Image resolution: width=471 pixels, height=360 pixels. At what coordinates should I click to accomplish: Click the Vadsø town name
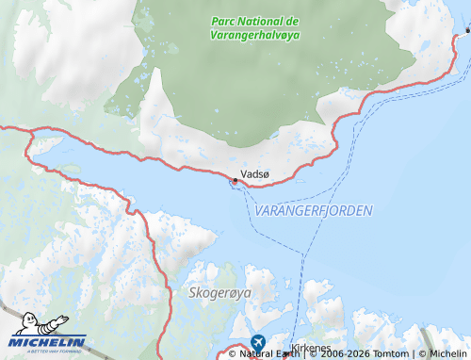click(255, 174)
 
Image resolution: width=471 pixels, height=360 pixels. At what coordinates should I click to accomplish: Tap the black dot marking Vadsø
click(235, 179)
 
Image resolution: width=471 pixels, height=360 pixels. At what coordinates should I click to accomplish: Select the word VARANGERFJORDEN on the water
click(314, 210)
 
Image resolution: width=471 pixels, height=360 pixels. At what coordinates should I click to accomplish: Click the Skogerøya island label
click(220, 294)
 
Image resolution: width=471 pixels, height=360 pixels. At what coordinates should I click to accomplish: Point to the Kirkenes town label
click(312, 348)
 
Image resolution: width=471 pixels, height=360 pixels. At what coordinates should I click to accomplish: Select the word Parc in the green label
click(223, 21)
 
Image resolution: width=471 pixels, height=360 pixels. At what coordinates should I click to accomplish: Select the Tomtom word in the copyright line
click(392, 354)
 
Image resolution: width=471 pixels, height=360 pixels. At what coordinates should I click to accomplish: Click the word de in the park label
click(292, 21)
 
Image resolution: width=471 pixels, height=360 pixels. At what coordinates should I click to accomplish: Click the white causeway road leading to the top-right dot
click(461, 39)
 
